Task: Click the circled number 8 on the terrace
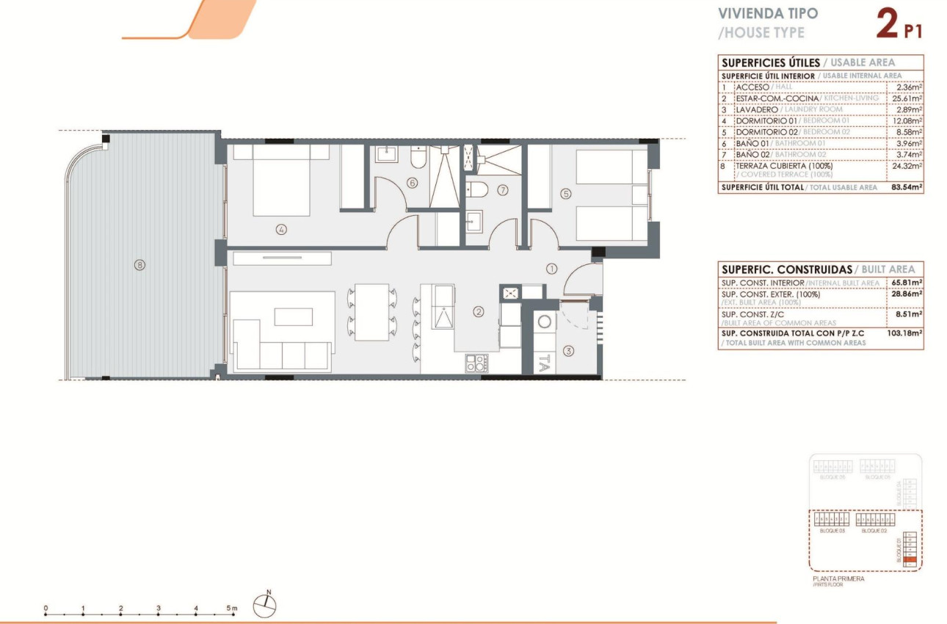click(x=139, y=265)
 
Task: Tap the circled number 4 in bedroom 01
click(x=281, y=229)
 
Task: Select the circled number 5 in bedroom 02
click(x=565, y=194)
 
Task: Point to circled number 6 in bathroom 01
click(x=412, y=183)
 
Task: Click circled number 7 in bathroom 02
click(x=502, y=190)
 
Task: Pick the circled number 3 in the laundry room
click(x=569, y=351)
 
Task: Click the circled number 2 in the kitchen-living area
click(x=479, y=311)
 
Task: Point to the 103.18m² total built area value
click(x=904, y=333)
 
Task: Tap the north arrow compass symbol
click(x=265, y=605)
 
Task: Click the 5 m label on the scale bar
click(x=232, y=609)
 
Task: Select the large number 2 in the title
click(x=888, y=23)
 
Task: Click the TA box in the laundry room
click(x=544, y=362)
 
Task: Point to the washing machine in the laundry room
click(x=544, y=322)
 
